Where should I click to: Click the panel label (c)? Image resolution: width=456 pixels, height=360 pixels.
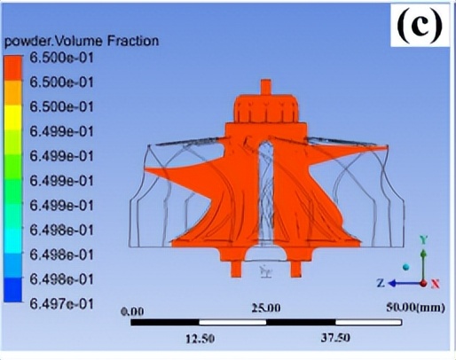click(420, 25)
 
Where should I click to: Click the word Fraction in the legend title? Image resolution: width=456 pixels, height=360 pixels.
click(133, 41)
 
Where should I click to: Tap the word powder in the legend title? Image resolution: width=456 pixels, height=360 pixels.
click(26, 42)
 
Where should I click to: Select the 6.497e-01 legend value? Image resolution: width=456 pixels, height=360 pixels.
click(61, 304)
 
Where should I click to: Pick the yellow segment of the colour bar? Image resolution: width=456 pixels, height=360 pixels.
click(12, 117)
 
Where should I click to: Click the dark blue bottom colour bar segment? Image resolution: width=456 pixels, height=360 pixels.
click(12, 290)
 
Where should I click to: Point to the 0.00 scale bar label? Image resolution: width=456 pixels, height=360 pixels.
click(133, 311)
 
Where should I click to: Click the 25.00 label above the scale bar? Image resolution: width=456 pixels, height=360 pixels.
click(266, 309)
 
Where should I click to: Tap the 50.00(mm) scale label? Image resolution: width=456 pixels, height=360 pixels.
click(415, 308)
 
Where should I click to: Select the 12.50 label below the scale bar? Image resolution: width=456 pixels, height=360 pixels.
click(200, 339)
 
